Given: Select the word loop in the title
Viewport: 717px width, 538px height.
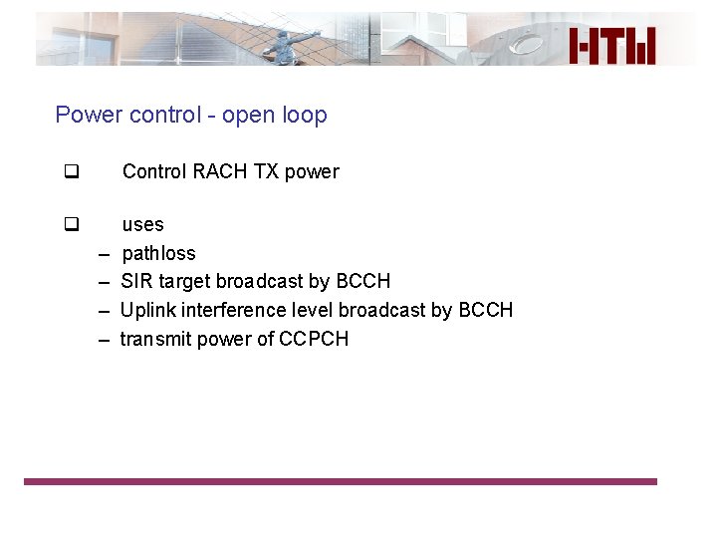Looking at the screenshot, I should coord(305,116).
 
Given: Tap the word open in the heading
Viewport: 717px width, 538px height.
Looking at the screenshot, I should coord(249,116).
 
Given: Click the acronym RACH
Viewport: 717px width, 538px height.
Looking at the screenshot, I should coord(220,171).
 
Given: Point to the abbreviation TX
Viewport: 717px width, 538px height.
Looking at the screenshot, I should coord(266,171).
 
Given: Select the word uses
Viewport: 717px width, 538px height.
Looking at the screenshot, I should coord(142,225).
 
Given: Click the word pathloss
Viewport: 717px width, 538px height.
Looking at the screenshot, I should coord(158,253).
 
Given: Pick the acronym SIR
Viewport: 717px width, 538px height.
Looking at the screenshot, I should coord(136,281).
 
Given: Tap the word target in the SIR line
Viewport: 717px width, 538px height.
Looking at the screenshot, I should coord(184,282).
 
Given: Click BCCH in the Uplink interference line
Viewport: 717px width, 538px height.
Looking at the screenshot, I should coord(485,310).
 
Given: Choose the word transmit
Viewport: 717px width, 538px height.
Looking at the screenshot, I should coord(154,339).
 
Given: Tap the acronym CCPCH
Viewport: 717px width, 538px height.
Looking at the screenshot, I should coord(314,339).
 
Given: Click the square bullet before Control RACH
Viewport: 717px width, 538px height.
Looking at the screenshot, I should coord(71,171).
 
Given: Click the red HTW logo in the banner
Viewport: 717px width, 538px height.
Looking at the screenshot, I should coord(612,46).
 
